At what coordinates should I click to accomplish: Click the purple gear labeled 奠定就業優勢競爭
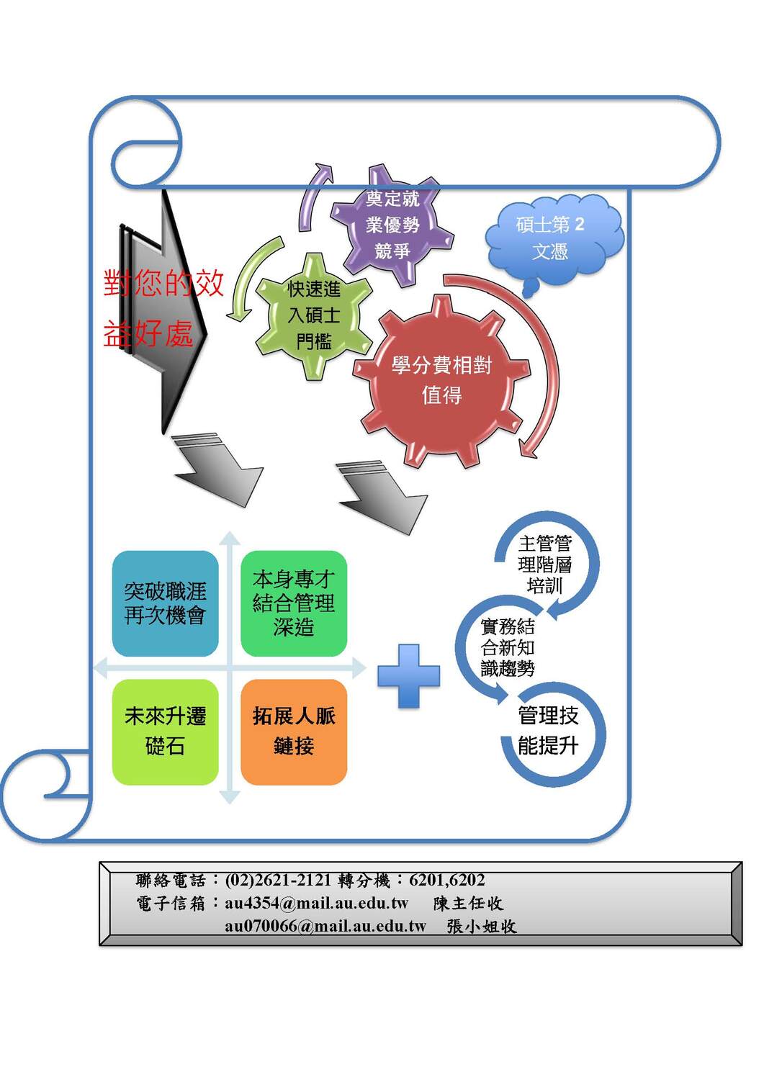click(392, 225)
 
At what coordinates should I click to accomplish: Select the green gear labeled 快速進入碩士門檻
click(314, 315)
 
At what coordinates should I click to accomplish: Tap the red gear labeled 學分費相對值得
click(441, 379)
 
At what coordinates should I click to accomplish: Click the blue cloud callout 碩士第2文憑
click(551, 238)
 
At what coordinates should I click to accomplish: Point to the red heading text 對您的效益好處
click(163, 308)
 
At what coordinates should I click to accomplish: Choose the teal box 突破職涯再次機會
click(165, 603)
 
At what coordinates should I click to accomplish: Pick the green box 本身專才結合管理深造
click(294, 603)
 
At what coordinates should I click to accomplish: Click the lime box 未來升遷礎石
click(165, 732)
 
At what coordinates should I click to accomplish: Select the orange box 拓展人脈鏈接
click(294, 732)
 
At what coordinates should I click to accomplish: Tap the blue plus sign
click(408, 675)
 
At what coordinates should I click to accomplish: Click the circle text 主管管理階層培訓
click(544, 564)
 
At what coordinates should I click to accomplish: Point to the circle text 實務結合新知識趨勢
click(508, 647)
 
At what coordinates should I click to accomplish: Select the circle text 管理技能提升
click(548, 730)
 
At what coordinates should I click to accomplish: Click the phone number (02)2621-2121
click(278, 880)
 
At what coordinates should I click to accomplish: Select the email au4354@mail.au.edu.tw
click(316, 903)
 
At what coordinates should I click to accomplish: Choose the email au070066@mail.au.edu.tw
click(325, 926)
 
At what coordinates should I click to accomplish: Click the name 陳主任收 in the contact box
click(468, 903)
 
